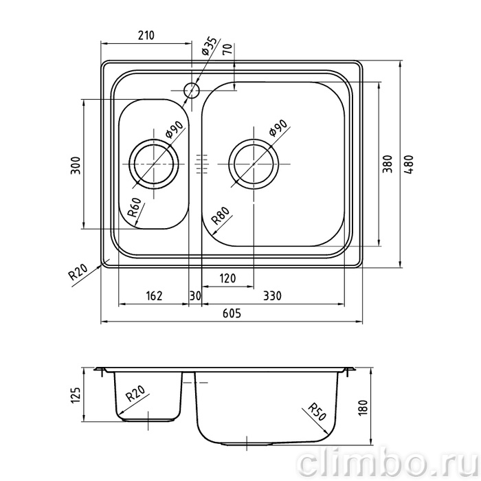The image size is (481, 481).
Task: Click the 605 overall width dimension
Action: [232, 313]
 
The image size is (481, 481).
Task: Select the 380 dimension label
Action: [388, 164]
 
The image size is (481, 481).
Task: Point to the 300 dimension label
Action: [76, 166]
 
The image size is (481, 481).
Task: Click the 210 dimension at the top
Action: [146, 36]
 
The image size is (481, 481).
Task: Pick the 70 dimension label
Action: [227, 49]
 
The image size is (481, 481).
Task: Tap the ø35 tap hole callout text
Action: [210, 46]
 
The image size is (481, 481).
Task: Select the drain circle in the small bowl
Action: [153, 164]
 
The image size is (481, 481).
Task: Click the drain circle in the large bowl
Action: [254, 164]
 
